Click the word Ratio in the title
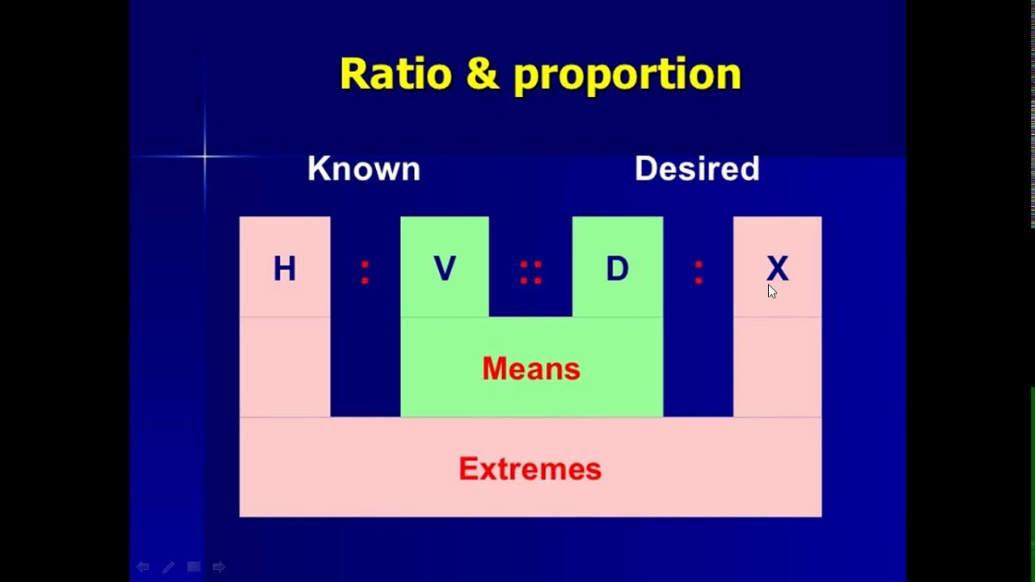tap(396, 74)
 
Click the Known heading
tap(364, 169)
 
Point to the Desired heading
tap(697, 169)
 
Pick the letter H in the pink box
tap(285, 269)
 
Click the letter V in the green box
tap(445, 269)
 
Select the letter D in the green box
tap(617, 269)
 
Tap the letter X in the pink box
tap(777, 268)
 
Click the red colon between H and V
tap(365, 272)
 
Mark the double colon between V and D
tap(530, 272)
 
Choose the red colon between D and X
tap(699, 272)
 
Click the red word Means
tap(531, 369)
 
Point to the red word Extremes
tap(530, 470)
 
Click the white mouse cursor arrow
tap(771, 292)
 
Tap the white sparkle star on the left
tap(205, 157)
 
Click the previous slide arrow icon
tap(142, 567)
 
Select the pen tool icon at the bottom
tap(168, 567)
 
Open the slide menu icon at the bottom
tap(194, 567)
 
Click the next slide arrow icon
tap(219, 567)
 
